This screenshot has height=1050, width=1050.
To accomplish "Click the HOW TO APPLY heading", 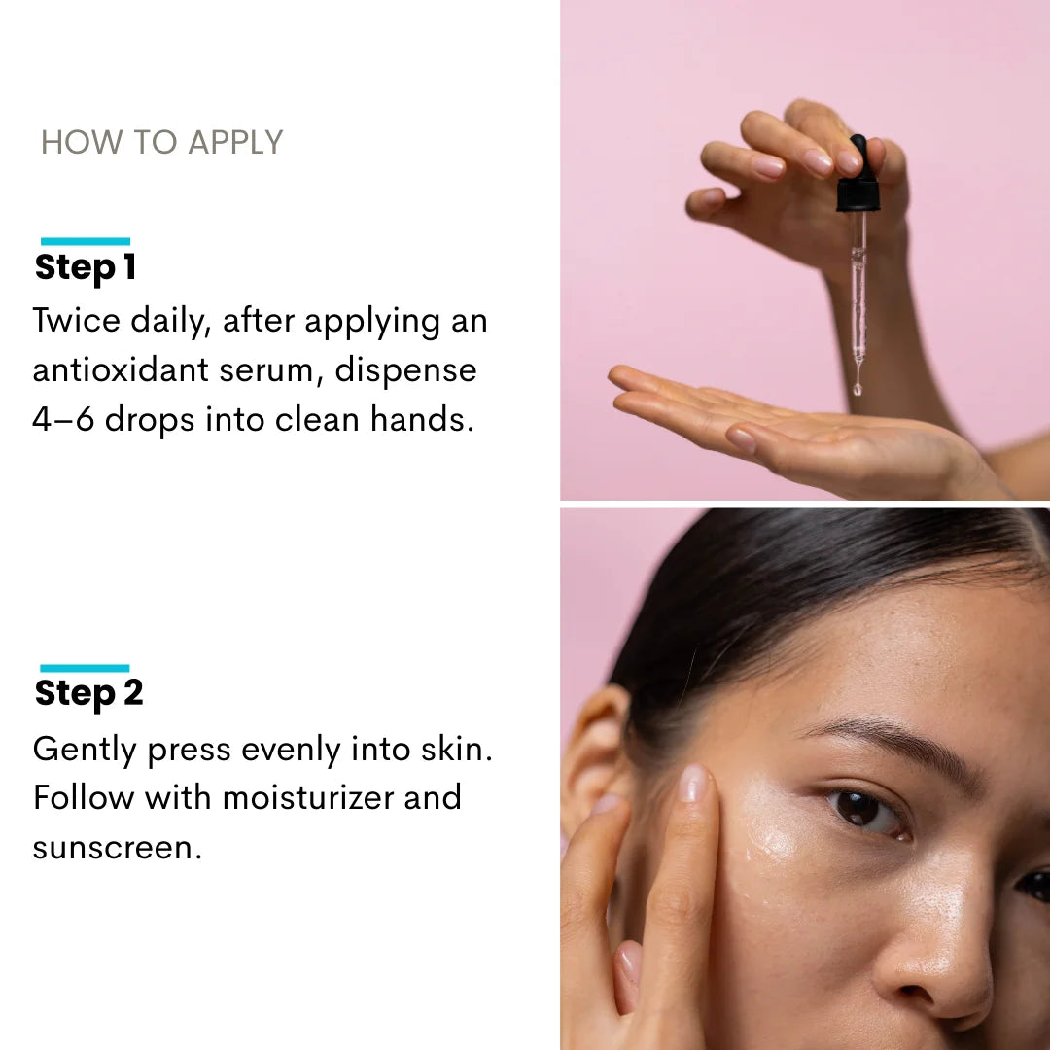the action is coord(162,142).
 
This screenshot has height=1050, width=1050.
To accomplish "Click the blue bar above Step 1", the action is coord(86,241).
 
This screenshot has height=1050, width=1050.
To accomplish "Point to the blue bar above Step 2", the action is coord(85,668).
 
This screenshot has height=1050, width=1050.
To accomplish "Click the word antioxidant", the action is coord(121,370).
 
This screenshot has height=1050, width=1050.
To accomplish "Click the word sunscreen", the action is coord(118,848).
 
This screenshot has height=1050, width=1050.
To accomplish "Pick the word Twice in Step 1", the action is coord(77,320).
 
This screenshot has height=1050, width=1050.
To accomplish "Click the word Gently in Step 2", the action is coord(85,750).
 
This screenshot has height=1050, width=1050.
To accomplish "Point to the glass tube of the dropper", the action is coord(858,288).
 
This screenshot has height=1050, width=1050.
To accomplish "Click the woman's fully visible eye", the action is coord(864,810).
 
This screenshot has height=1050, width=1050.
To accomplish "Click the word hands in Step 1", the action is coord(422,420).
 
